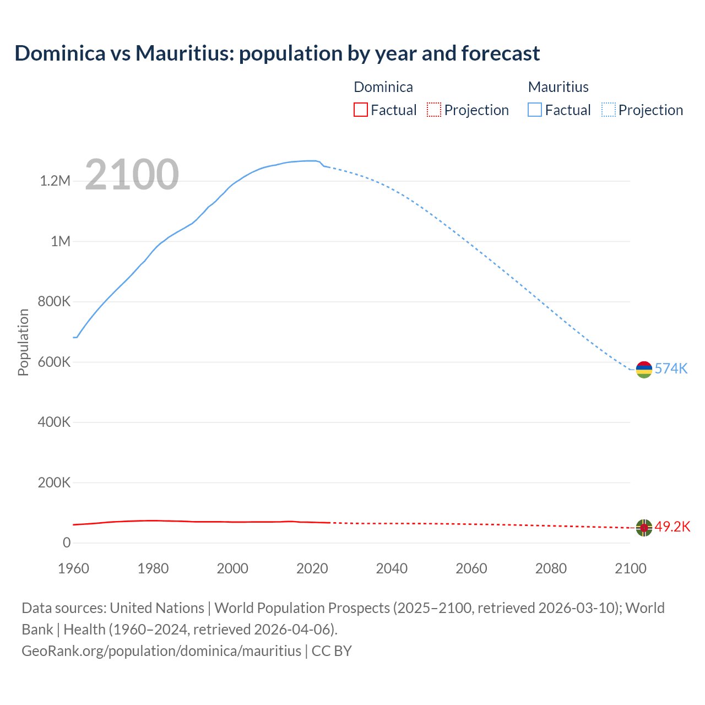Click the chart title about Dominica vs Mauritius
(277, 53)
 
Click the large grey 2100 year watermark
(132, 175)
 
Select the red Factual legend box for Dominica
(360, 110)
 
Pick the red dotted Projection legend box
(434, 110)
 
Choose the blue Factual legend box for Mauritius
(535, 110)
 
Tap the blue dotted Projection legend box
(608, 110)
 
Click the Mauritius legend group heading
(558, 87)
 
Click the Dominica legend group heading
(383, 87)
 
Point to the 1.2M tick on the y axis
(55, 181)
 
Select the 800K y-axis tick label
(55, 302)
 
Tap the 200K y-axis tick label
(55, 483)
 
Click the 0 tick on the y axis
(67, 543)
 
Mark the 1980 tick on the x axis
(153, 568)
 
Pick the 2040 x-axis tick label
(392, 568)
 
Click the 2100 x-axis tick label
(630, 568)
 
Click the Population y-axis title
(23, 342)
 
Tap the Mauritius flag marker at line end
(644, 370)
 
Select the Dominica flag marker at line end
(644, 528)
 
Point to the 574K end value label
(671, 368)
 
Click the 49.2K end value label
(672, 527)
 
